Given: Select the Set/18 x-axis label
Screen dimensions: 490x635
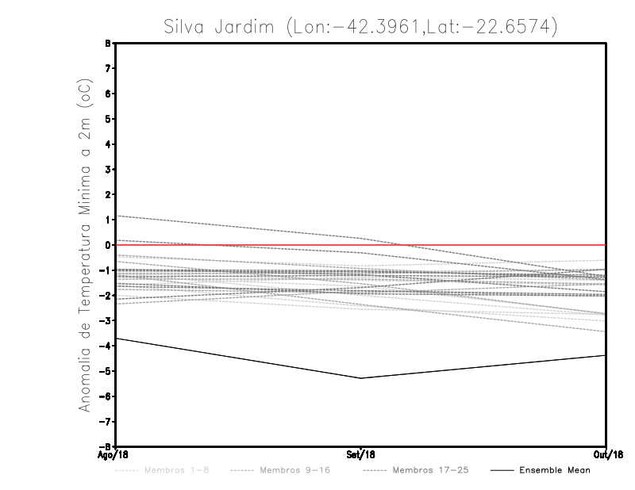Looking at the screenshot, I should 361,455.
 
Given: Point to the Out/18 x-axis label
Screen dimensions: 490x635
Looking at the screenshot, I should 606,455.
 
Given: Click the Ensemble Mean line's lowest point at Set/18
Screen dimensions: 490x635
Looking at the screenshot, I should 361,378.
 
